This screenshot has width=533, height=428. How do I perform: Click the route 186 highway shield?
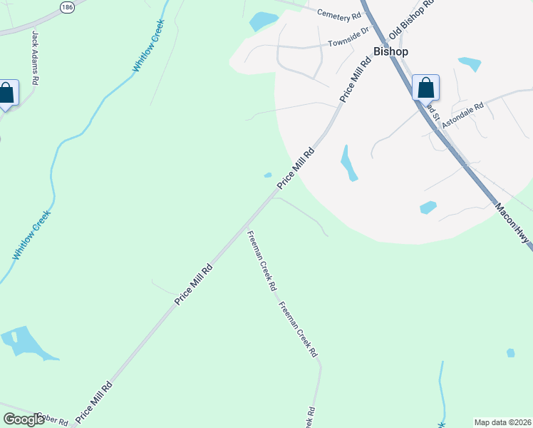click(67, 7)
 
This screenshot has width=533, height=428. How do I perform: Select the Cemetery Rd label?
click(339, 14)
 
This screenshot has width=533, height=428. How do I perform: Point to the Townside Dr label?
click(349, 43)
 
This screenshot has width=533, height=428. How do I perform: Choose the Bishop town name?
click(390, 52)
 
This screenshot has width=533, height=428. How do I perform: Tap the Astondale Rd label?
click(462, 114)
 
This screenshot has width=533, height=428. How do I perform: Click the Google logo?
click(24, 419)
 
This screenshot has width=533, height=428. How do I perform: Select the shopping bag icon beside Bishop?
click(425, 88)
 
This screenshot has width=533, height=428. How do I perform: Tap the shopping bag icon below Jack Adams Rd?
click(6, 93)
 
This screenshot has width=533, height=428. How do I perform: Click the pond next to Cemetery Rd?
click(262, 21)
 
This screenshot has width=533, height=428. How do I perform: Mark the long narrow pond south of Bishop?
click(348, 163)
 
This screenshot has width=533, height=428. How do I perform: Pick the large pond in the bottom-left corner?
click(25, 343)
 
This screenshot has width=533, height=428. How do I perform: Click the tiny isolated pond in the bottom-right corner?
click(510, 352)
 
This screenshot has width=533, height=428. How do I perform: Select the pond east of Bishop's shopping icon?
click(470, 64)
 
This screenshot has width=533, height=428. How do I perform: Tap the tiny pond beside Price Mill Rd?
click(268, 175)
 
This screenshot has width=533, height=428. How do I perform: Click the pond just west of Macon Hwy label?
click(428, 208)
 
